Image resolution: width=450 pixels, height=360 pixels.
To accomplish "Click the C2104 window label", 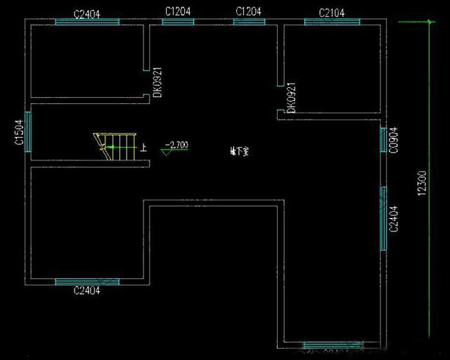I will point(331,12).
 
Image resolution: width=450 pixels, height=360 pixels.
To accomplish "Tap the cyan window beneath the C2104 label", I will point(331,22).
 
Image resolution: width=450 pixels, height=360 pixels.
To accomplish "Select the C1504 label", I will point(19,131).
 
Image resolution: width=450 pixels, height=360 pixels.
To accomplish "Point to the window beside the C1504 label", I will point(28,131).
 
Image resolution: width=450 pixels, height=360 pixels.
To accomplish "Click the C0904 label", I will point(394,141).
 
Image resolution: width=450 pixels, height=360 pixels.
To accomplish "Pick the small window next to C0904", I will point(384,141).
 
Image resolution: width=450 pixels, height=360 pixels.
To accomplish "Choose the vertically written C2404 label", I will point(394,218).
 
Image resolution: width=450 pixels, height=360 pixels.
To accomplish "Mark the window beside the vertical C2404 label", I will point(384,218).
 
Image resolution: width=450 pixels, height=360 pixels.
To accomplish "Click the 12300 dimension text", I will point(422,183).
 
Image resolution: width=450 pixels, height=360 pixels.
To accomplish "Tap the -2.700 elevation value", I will point(176,146).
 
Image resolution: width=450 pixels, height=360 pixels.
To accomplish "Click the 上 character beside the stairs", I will point(144,148).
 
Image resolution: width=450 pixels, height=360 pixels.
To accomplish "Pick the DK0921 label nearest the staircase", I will point(158,82).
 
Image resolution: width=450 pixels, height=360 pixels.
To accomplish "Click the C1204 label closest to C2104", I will point(249,12).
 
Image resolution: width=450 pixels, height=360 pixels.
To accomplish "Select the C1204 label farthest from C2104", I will point(178,12).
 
